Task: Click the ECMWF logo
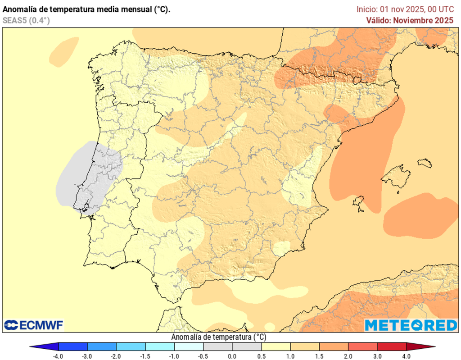pyautogui.click(x=34, y=325)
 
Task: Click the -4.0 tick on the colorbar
pyautogui.click(x=58, y=356)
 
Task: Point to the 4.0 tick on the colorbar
pyautogui.click(x=406, y=356)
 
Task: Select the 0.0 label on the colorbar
pyautogui.click(x=232, y=356)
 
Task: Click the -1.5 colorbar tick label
pyautogui.click(x=145, y=356)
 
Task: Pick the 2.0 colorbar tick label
pyautogui.click(x=348, y=356)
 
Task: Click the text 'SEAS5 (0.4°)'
pyautogui.click(x=26, y=20)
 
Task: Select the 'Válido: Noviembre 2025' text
pyautogui.click(x=409, y=20)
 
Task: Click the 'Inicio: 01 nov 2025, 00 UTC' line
pyautogui.click(x=405, y=9)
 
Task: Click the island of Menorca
pyautogui.click(x=425, y=163)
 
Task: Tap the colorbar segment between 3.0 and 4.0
pyautogui.click(x=392, y=346)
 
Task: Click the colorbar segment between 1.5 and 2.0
pyautogui.click(x=334, y=346)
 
